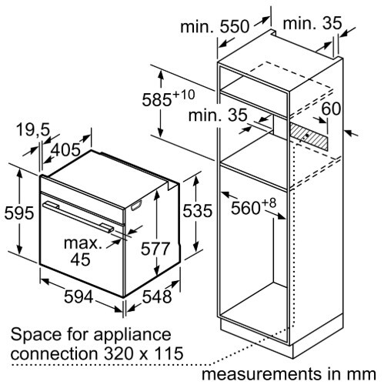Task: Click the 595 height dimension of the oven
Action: pos(19,212)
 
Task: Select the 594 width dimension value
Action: pos(78,297)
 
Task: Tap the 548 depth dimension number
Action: pos(157,297)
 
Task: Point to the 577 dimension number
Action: pos(155,249)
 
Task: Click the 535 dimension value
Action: pos(198,211)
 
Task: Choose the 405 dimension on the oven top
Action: pos(65,149)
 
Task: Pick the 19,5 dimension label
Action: pos(32,129)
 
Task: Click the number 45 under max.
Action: pos(81,259)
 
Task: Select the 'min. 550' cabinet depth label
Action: pos(215,27)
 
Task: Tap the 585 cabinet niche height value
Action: pos(157,100)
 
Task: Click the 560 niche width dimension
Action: pos(245,208)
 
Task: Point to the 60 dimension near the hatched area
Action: pos(331,109)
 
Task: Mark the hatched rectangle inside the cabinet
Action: pos(309,135)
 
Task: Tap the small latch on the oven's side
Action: pos(136,206)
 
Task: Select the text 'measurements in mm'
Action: pos(289,374)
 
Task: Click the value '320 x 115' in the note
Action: pos(144,353)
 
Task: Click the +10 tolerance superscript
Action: pos(184,95)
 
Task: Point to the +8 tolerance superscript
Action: pos(269,203)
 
